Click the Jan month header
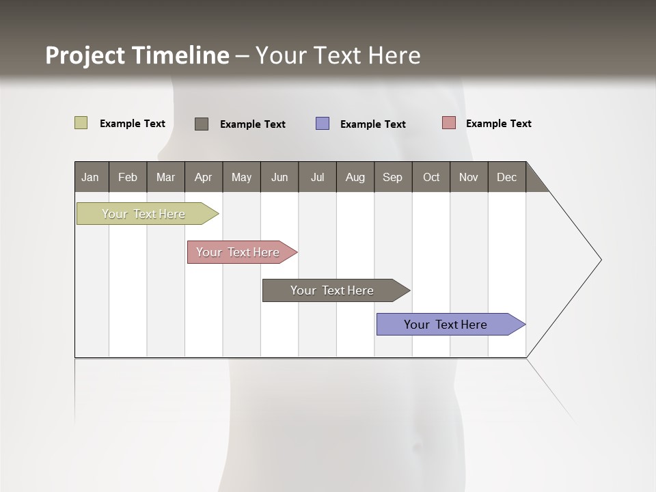[90, 177]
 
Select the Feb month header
[128, 177]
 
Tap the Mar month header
[165, 177]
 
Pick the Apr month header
[203, 177]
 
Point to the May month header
[241, 177]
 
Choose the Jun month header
[279, 177]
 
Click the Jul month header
[317, 177]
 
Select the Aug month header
[355, 177]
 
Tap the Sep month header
[392, 177]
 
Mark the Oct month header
[431, 177]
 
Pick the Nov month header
[469, 177]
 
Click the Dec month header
[506, 177]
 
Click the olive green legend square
[81, 123]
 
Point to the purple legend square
[323, 124]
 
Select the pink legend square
[449, 123]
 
